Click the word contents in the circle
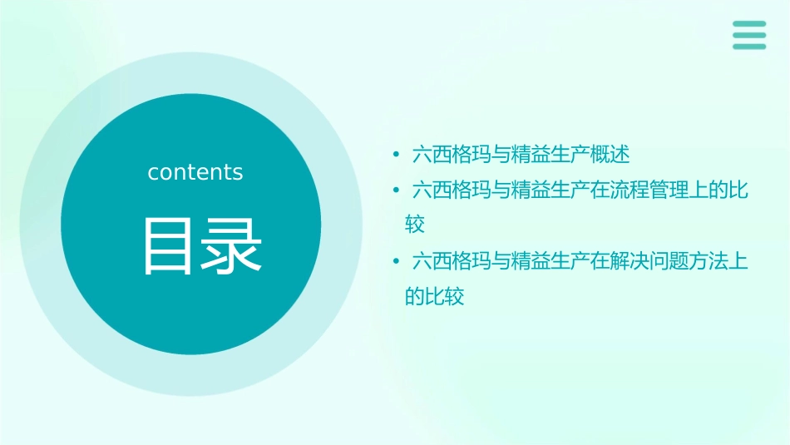[195, 172]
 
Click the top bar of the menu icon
[749, 24]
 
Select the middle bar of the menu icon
[749, 35]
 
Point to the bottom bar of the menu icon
[749, 46]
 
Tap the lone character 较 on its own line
[415, 225]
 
